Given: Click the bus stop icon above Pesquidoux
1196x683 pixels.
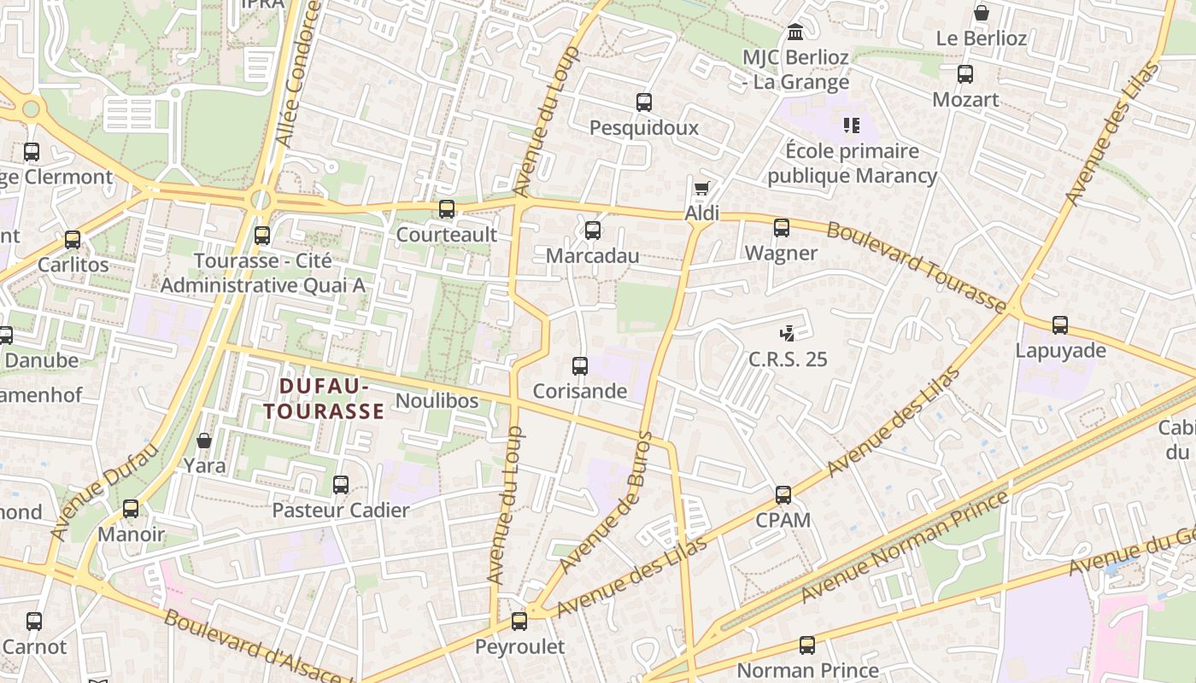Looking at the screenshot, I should coord(644,102).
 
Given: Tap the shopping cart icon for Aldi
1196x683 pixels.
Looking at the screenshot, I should coord(702,189).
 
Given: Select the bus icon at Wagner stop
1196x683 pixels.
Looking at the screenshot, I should coord(782,228).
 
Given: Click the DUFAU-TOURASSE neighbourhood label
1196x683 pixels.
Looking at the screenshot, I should coord(324,399).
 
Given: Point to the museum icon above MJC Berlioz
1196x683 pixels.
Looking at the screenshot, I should coord(795,32).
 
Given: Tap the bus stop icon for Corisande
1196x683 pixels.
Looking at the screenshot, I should coord(580,366).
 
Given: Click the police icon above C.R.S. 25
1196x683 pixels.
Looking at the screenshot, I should coord(788,334).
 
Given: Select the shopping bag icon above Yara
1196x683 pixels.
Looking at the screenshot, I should coord(204,441).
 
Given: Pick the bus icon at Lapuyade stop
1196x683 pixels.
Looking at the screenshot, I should coord(1060,325).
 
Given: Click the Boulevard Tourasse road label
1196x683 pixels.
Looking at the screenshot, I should coord(917,266).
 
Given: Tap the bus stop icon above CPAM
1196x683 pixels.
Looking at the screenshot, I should coord(783,495).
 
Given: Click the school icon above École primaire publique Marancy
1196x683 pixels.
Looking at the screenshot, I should coord(851,126).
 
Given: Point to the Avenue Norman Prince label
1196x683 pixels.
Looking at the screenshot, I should coord(906,547).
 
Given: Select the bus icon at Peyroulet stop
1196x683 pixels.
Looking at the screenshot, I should coord(519,622).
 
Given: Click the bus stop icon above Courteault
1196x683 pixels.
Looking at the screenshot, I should coord(447,209).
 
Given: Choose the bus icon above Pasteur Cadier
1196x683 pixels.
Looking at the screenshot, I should coord(341,485).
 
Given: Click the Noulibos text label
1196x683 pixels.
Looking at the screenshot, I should coord(437,400).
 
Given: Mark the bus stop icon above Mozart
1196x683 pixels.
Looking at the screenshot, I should coord(965,74).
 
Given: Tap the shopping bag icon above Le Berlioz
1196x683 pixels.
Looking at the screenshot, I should coord(982,14).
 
